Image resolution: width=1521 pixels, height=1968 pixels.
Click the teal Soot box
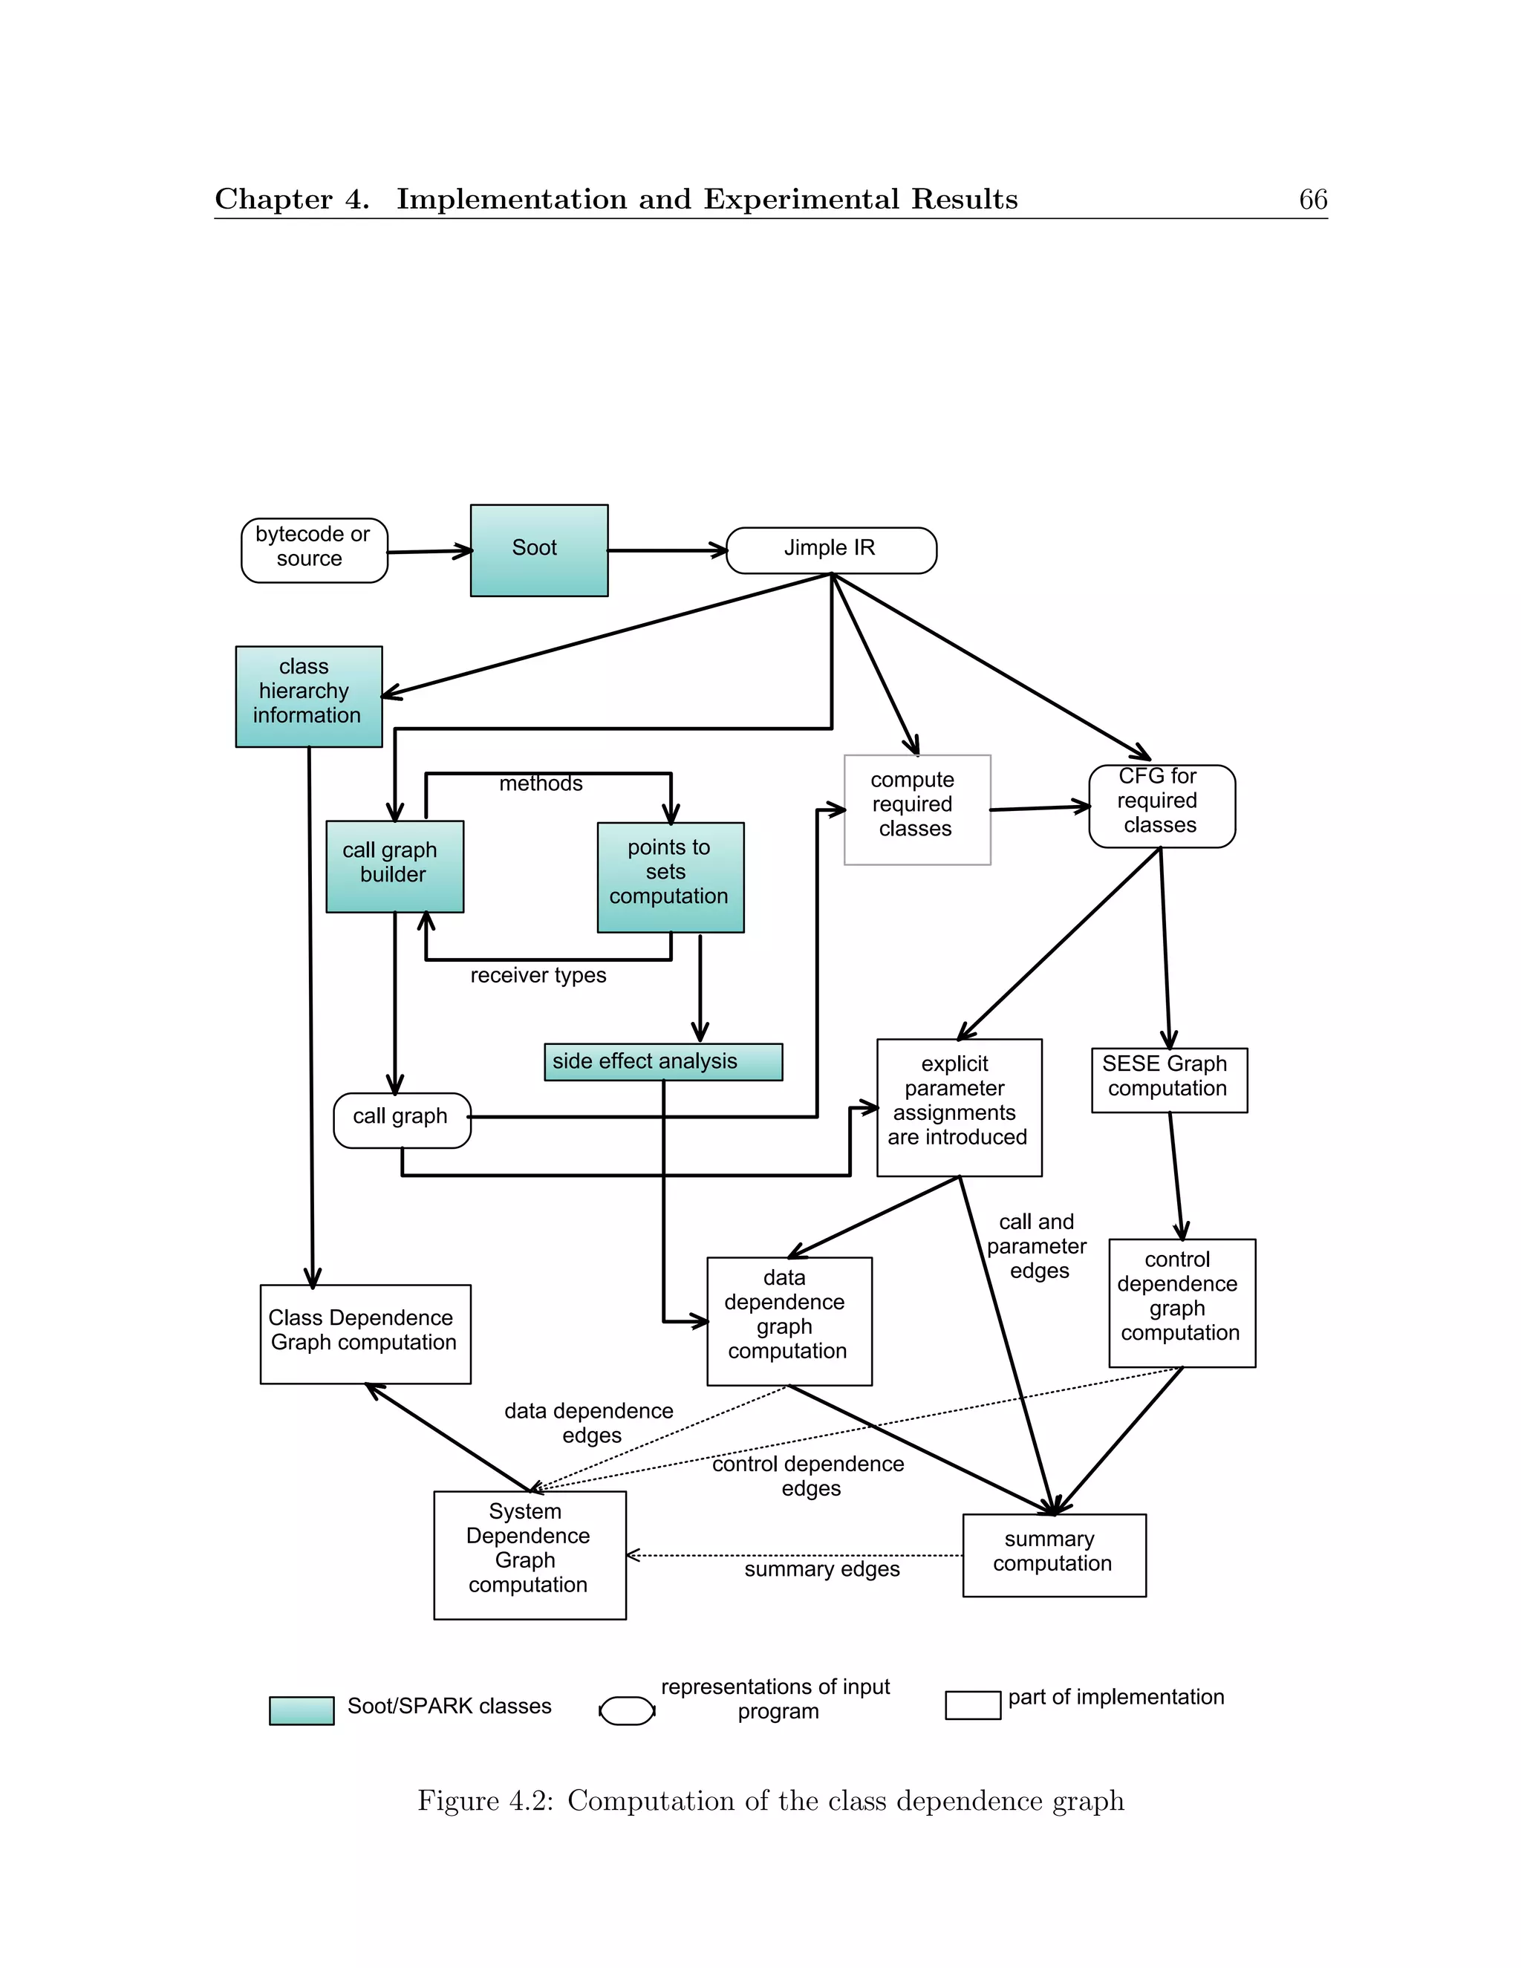click(x=539, y=550)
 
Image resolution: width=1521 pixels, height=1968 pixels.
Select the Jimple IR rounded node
click(x=831, y=550)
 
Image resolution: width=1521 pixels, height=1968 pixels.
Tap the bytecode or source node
click(x=313, y=550)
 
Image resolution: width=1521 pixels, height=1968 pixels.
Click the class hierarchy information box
click(x=308, y=696)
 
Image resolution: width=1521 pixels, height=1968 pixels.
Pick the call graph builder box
click(x=394, y=865)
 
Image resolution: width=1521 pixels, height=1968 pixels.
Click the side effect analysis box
click(x=662, y=1061)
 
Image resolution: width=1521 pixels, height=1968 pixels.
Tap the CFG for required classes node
click(x=1161, y=806)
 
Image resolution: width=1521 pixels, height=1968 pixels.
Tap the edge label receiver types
click(x=538, y=976)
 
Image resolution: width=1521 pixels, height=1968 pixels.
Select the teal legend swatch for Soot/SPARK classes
click(x=301, y=1710)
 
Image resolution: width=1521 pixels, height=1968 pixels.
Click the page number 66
click(x=1312, y=199)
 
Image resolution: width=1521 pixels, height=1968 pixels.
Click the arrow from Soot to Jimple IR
click(x=667, y=550)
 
